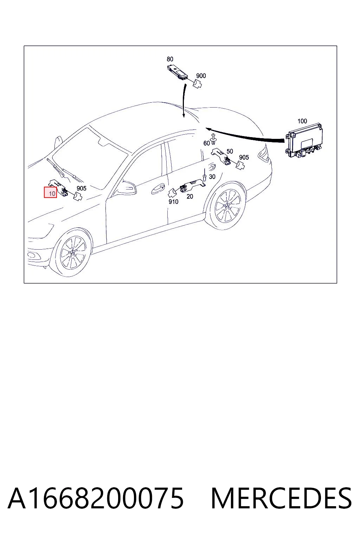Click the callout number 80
170,59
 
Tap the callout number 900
201,76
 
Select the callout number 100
302,121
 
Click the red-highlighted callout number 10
52,193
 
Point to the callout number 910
173,202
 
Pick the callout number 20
190,197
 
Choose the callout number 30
212,177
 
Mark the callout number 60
207,143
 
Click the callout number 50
230,152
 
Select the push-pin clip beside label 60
213,139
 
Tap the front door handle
158,190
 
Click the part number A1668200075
96,498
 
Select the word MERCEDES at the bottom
281,498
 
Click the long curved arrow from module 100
244,135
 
